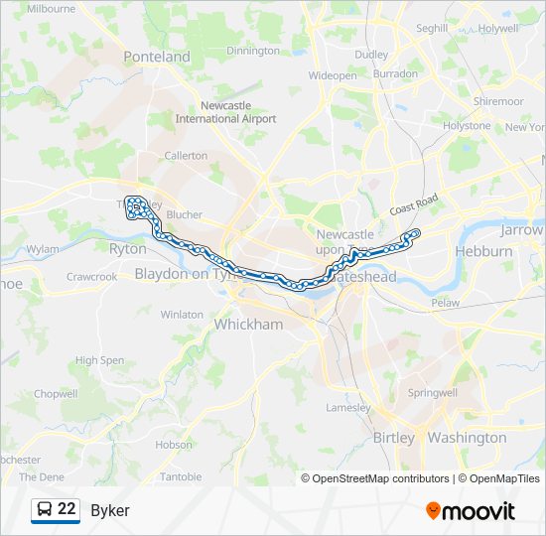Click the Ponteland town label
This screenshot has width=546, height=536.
[x=157, y=57]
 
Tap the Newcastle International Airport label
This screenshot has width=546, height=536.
[x=225, y=112]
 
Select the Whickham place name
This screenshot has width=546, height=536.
[x=248, y=325]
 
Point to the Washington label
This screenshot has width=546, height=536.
[x=468, y=438]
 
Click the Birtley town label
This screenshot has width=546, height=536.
[x=394, y=438]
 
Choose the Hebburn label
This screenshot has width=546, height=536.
[x=484, y=251]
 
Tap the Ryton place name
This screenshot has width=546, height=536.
[x=127, y=249]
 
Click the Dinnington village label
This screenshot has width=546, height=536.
[x=253, y=51]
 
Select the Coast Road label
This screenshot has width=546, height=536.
[x=414, y=205]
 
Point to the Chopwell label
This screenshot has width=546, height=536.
[x=56, y=394]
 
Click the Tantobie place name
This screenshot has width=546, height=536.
[x=181, y=477]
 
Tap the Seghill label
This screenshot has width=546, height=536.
[x=432, y=29]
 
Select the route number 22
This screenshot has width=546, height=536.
[x=67, y=509]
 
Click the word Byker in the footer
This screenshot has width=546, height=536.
[x=110, y=510]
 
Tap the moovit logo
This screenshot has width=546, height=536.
[x=471, y=511]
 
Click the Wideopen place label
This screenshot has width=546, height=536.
[x=333, y=75]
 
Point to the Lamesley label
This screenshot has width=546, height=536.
[x=348, y=408]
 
